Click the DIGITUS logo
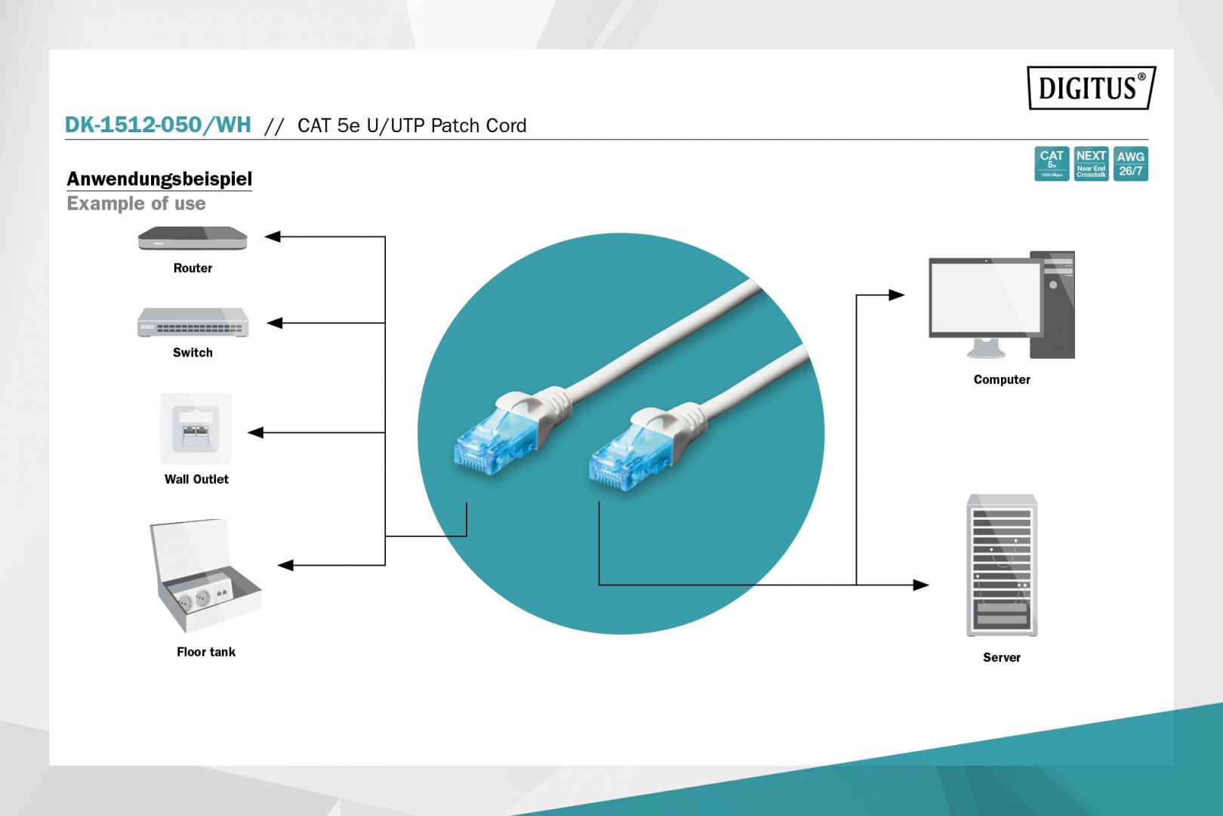[1090, 88]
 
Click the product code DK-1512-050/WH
[158, 125]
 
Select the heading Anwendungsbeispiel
[159, 179]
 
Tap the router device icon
[193, 239]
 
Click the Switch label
[193, 353]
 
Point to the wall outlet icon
[196, 428]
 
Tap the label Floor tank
[206, 652]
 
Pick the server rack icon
[1002, 566]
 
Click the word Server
[1002, 658]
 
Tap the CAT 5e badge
[1051, 164]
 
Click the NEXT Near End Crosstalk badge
[1091, 164]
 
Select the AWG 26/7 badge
[1130, 164]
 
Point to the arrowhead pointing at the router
[273, 236]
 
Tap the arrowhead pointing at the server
[921, 585]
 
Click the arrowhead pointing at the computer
[897, 295]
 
